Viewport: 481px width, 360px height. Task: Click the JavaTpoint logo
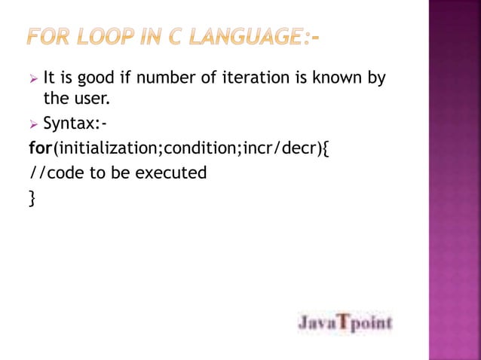345,323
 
